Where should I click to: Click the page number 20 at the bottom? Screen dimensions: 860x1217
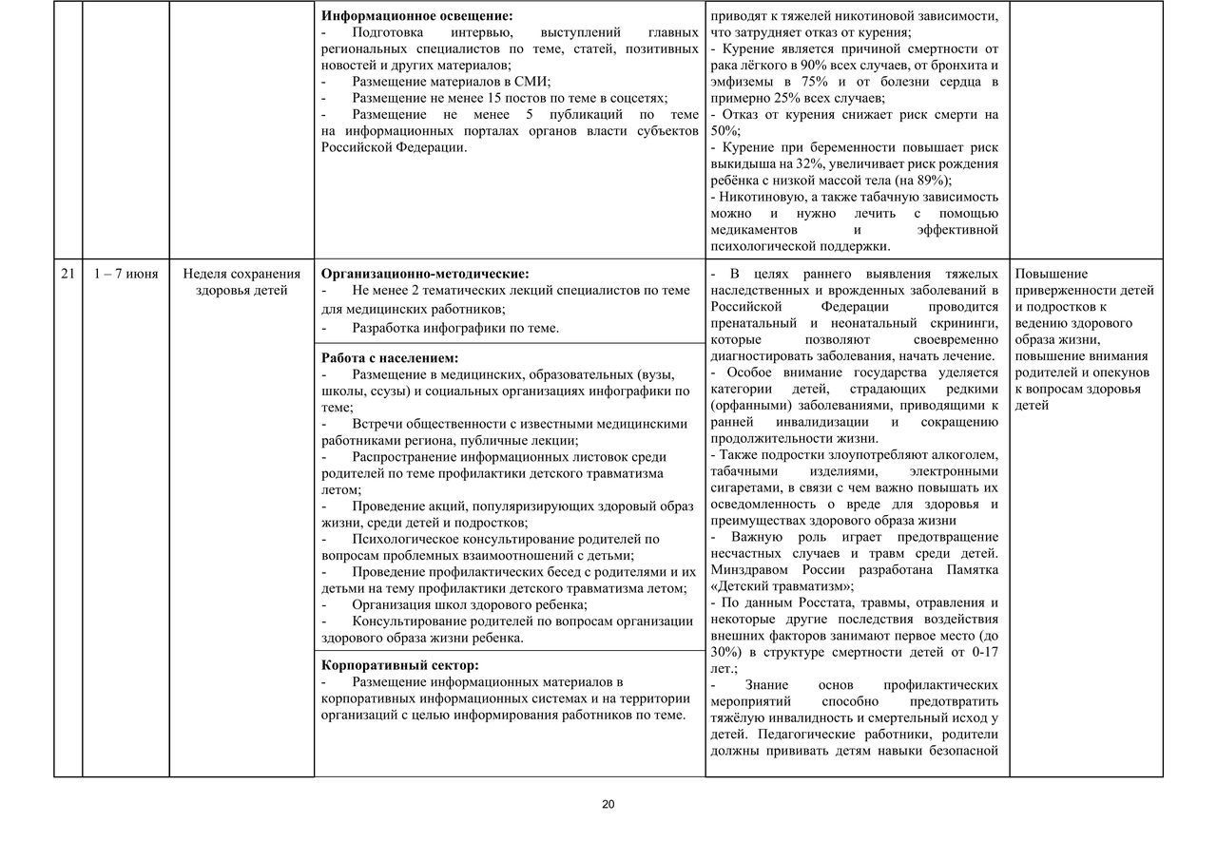pyautogui.click(x=608, y=805)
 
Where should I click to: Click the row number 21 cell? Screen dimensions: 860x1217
pyautogui.click(x=68, y=275)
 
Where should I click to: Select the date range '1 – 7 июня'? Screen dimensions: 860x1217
pyautogui.click(x=126, y=275)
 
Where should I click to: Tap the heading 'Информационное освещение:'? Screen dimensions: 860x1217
pyautogui.click(x=416, y=16)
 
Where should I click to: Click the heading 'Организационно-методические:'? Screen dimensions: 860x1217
pyautogui.click(x=425, y=274)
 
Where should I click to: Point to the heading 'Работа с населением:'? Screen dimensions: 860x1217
pyautogui.click(x=390, y=358)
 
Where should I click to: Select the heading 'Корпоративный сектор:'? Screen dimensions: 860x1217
pyautogui.click(x=400, y=665)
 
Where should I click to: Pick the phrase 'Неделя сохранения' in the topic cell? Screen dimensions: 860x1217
pyautogui.click(x=241, y=275)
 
